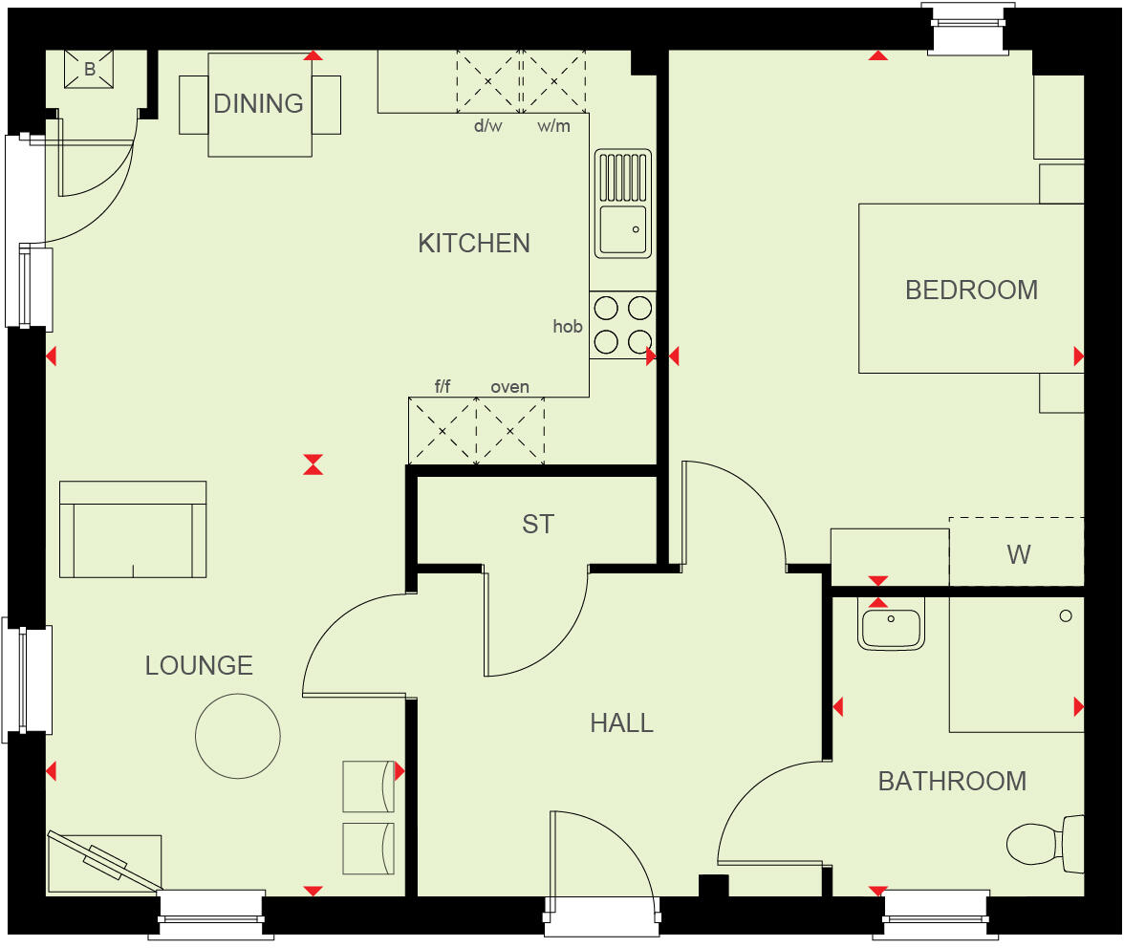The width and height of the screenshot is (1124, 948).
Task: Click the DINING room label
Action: point(258,103)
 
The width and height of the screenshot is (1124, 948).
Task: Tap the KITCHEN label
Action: point(474,243)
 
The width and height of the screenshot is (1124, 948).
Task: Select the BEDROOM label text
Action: point(971,290)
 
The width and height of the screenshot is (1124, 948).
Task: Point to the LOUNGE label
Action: point(199,665)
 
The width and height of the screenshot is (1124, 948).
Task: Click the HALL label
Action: point(621,722)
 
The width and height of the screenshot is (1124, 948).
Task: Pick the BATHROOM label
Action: point(952,781)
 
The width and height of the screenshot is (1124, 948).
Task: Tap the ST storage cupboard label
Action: point(538,524)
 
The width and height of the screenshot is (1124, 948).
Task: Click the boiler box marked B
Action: point(89,69)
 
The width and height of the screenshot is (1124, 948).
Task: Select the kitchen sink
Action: point(623,203)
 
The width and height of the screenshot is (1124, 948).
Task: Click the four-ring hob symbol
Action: point(623,325)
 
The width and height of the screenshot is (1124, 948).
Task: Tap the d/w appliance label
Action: point(487,126)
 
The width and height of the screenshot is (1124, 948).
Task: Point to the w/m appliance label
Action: point(553,126)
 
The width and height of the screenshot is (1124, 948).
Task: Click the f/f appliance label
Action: point(443,387)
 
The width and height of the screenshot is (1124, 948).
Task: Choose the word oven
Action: point(509,387)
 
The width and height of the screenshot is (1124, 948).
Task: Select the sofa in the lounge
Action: point(133,529)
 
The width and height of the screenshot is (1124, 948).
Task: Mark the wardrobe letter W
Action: point(1019,554)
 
